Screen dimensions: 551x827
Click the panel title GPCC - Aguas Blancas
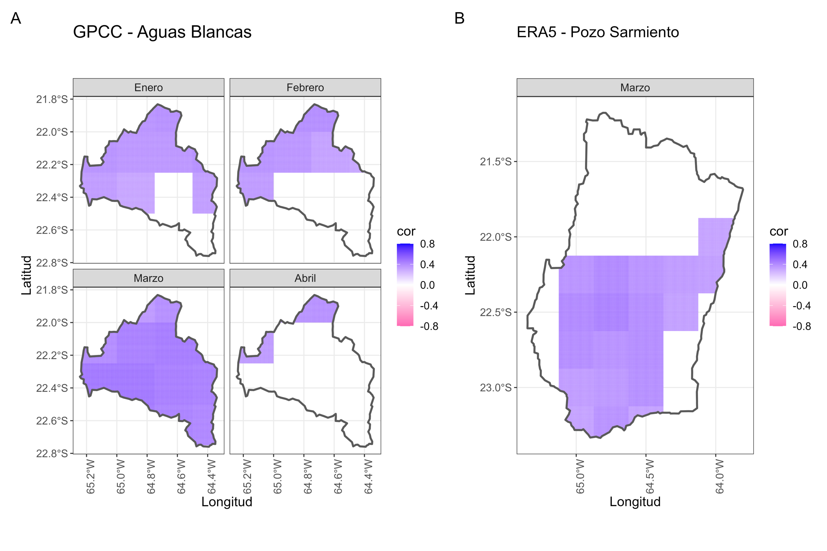click(x=162, y=32)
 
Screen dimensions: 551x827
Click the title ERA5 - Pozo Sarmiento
click(x=598, y=32)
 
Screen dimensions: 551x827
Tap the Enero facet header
click(x=148, y=87)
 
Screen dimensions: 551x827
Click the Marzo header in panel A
click(x=148, y=278)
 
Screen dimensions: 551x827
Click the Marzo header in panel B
click(x=635, y=87)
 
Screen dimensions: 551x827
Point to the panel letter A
click(x=16, y=18)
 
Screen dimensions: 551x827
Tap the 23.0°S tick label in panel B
click(x=496, y=388)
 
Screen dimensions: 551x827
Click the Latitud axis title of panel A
click(x=27, y=275)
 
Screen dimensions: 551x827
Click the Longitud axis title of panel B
click(x=635, y=501)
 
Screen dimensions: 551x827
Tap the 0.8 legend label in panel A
click(x=427, y=244)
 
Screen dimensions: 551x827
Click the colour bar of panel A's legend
click(x=405, y=285)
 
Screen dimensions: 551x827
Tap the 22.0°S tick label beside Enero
click(x=52, y=132)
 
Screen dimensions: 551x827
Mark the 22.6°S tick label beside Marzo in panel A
click(x=52, y=421)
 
